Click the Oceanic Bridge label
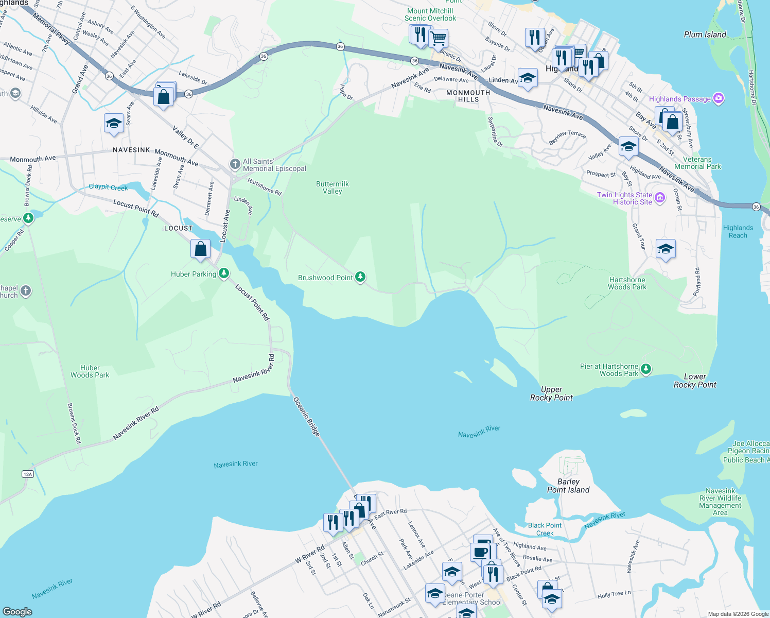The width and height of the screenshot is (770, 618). pos(307,416)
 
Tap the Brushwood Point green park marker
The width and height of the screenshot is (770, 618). pos(360,277)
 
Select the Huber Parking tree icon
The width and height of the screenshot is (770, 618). pos(223,273)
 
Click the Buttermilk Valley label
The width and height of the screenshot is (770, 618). pos(332,187)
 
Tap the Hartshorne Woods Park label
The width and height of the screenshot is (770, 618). pos(627,283)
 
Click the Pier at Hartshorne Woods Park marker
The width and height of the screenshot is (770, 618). pos(646,369)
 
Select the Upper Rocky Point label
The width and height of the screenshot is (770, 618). pos(551,393)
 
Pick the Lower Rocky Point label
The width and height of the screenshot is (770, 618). pos(695,381)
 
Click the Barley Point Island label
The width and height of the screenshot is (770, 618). pos(568,486)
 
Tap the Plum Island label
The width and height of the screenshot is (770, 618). pos(705,35)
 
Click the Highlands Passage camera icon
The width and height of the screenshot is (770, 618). pos(719,98)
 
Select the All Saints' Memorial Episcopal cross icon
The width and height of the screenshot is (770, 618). pos(235,164)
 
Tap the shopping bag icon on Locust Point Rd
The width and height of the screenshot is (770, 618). pos(200,249)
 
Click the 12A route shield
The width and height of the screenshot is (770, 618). pos(28,474)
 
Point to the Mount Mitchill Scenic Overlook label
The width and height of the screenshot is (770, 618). pos(430,14)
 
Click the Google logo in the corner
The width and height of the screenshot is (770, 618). pos(17,611)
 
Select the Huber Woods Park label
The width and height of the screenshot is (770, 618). pos(90,371)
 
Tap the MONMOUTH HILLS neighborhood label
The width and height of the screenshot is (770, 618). pos(468,96)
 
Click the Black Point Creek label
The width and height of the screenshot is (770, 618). pos(545,529)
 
